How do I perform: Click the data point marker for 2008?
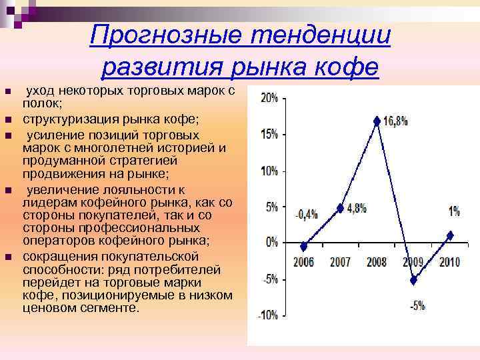coord(377,121)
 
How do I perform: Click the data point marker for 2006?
coord(304,246)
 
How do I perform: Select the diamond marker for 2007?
coord(340,208)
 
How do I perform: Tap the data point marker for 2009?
coord(413,280)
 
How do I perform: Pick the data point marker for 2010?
coord(450,235)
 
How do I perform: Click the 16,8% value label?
coord(395,121)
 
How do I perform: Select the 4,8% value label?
coord(357,207)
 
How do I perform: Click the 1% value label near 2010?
coord(453,211)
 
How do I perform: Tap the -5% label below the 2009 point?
coord(417,307)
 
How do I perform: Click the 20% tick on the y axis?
coord(269,97)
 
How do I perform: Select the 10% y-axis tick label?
coord(269,171)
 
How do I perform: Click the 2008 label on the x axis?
coord(377,261)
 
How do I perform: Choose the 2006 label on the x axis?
coord(304,261)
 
